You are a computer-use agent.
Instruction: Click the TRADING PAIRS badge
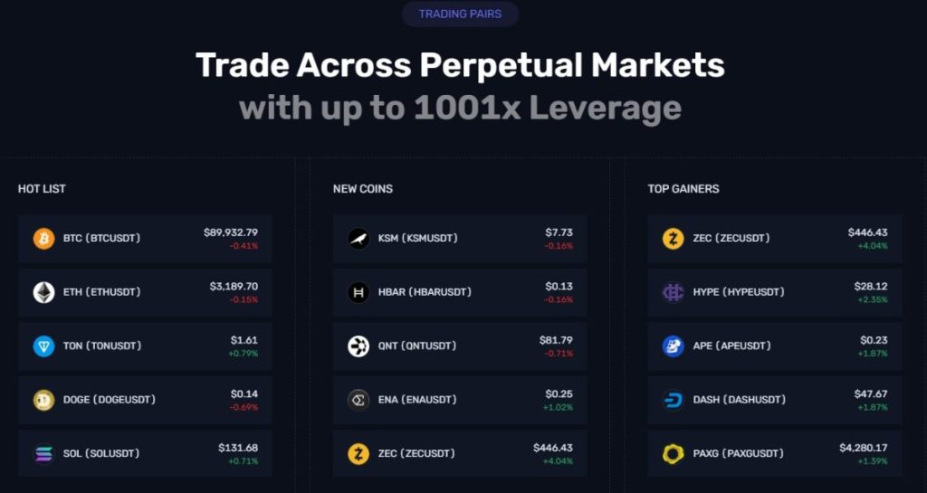460,14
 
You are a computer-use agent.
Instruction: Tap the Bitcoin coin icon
43,239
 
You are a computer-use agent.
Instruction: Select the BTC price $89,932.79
231,232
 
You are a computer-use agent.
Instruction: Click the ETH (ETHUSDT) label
101,292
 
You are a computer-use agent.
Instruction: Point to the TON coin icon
43,346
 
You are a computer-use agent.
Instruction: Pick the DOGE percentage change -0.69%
244,407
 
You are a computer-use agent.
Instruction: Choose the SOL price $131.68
238,448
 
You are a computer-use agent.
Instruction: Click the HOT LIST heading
42,189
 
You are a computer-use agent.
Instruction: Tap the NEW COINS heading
362,189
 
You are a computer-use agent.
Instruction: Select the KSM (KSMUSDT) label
417,238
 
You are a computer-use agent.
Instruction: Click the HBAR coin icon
358,292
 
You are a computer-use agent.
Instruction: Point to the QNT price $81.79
556,340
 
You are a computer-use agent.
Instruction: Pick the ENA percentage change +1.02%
558,407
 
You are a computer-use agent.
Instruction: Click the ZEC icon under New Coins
358,453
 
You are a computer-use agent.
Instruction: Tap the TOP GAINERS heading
683,189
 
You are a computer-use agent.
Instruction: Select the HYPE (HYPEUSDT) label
739,292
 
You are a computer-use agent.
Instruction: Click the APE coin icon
674,346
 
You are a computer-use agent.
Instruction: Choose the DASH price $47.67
872,394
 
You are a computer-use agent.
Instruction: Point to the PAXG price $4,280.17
863,448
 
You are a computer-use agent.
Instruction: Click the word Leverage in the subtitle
605,109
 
